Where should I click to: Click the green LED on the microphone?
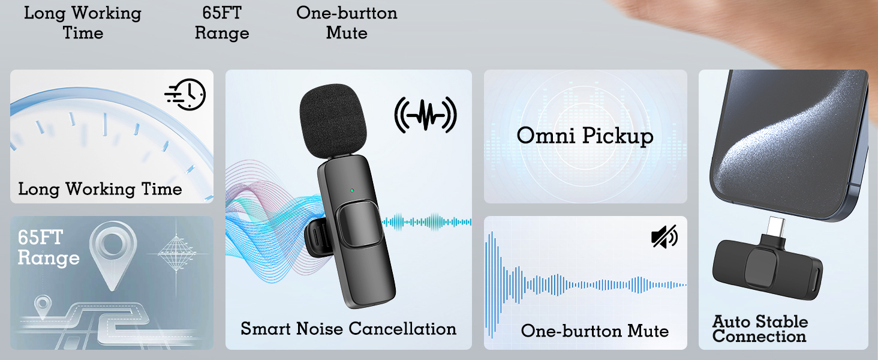coord(352,191)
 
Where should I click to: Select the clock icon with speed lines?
coord(185,94)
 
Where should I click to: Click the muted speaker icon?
coord(664,236)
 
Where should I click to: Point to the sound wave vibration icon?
coord(426,114)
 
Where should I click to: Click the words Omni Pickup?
coord(585,136)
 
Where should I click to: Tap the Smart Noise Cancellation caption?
coord(348,329)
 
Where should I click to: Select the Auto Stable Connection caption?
coord(759,329)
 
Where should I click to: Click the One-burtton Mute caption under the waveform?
coord(594,331)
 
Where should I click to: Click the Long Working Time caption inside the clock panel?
coord(100,189)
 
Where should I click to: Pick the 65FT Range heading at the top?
coord(222,23)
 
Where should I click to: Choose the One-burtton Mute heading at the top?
coord(347,23)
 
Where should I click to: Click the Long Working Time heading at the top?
coord(83,23)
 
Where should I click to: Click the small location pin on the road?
coord(43,307)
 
